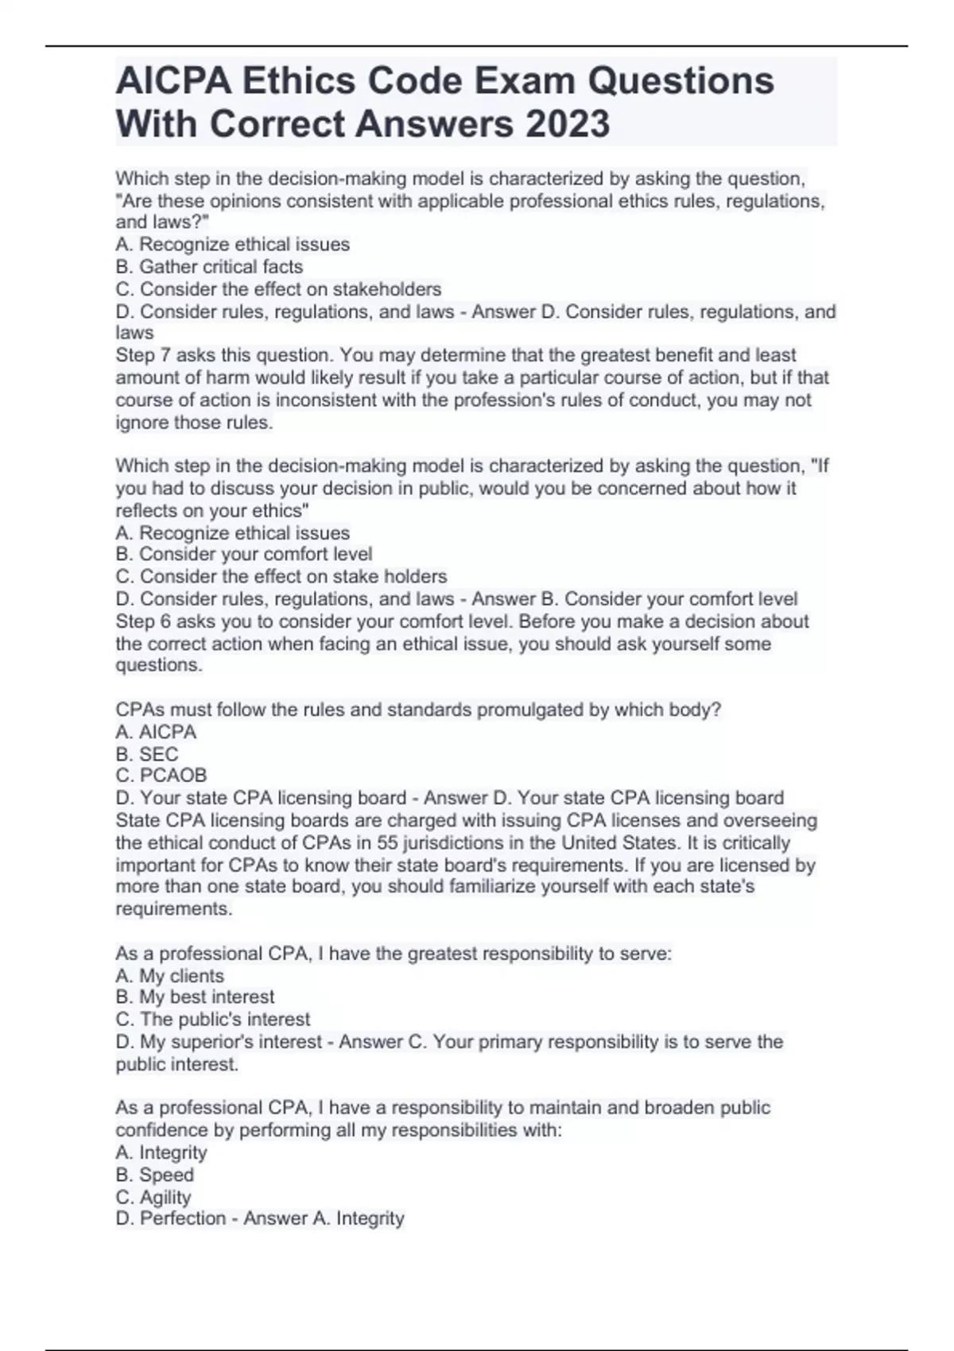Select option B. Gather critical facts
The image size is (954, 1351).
[209, 266]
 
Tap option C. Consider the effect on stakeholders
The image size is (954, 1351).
[278, 288]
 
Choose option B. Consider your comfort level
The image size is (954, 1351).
[243, 554]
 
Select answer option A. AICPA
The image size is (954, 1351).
[156, 732]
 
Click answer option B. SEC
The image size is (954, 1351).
[147, 754]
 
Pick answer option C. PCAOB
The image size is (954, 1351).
[161, 776]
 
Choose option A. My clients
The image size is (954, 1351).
[169, 976]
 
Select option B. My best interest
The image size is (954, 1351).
[195, 997]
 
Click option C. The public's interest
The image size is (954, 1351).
[213, 1020]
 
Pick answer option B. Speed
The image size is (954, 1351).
[154, 1175]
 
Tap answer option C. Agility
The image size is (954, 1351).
[153, 1197]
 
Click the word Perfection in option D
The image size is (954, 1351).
[183, 1218]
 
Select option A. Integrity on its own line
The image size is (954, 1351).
[161, 1152]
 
